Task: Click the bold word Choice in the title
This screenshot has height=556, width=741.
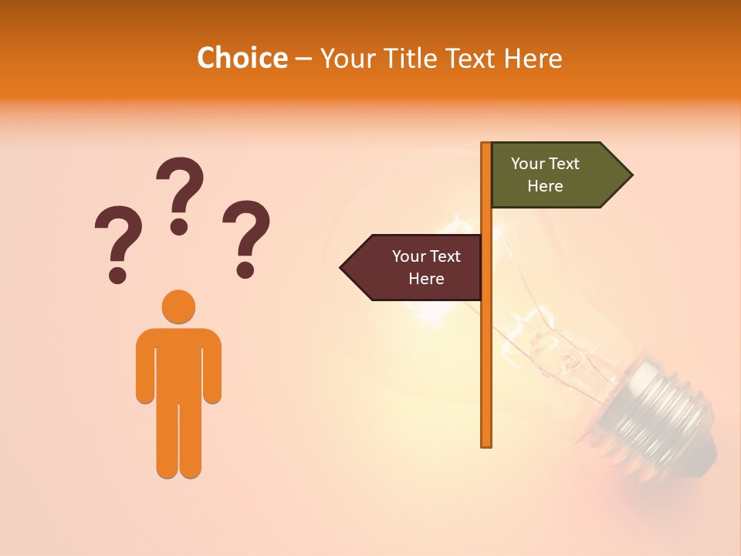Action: tap(242, 59)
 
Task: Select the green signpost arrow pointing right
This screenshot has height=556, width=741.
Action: tap(556, 175)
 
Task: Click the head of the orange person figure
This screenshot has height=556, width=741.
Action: tap(178, 307)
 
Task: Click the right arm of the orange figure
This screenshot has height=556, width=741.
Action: tap(211, 367)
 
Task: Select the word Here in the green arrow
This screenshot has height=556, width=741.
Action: tap(545, 186)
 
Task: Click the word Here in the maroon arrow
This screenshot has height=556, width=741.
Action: tap(426, 279)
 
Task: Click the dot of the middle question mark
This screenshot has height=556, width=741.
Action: tap(180, 226)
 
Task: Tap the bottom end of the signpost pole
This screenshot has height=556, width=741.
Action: tap(486, 443)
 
